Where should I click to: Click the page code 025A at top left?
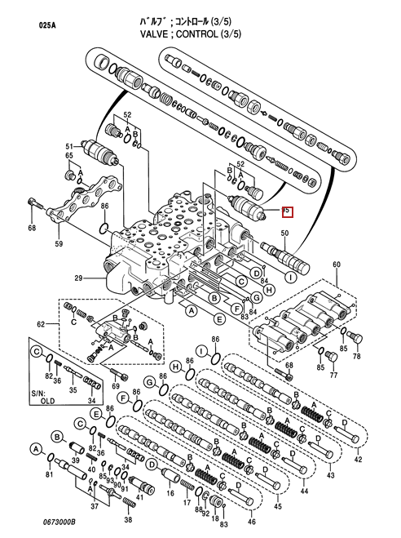coord(49,25)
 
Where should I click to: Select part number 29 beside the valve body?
coord(79,279)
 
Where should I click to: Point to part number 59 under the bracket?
coord(59,243)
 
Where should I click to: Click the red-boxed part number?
coord(286,211)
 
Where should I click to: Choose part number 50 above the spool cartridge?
coord(284,234)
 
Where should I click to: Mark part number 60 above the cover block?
coord(335,265)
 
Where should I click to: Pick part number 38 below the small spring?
coord(127,519)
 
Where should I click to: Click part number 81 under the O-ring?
coord(50,474)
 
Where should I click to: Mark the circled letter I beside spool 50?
coord(289,277)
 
